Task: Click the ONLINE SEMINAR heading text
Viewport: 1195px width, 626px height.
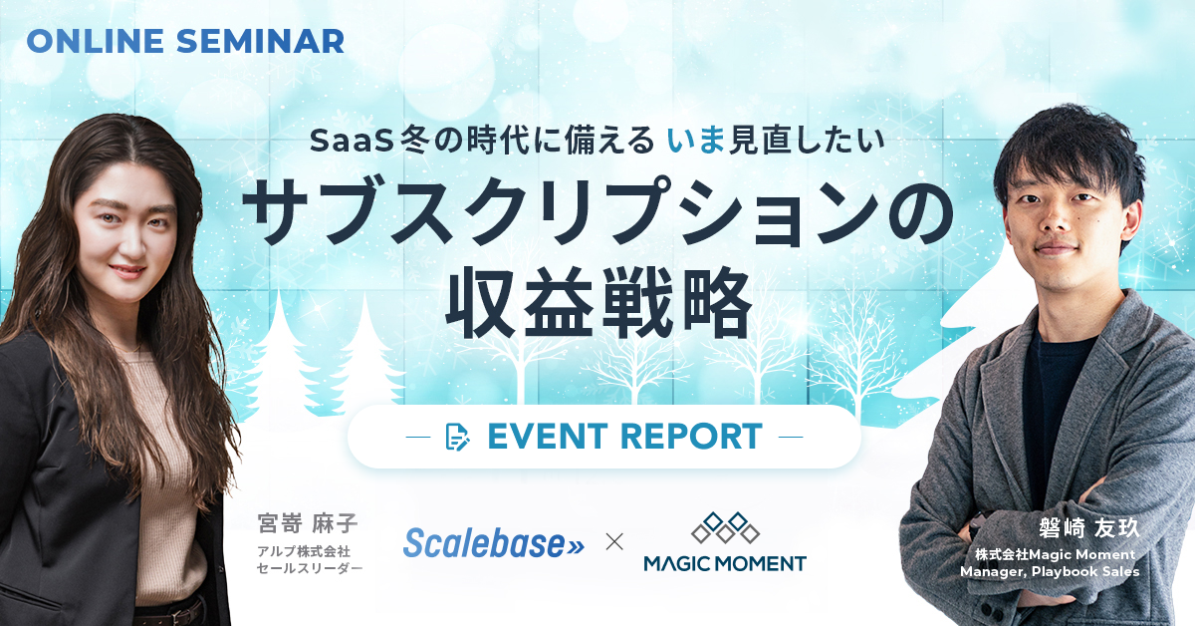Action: [185, 41]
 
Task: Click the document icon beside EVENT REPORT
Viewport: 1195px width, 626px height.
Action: [458, 437]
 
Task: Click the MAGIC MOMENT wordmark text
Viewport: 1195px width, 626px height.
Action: [724, 563]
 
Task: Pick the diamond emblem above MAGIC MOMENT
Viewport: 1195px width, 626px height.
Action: [725, 527]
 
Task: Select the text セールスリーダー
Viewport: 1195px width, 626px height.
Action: [309, 568]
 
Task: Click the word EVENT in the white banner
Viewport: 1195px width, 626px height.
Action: [534, 437]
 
